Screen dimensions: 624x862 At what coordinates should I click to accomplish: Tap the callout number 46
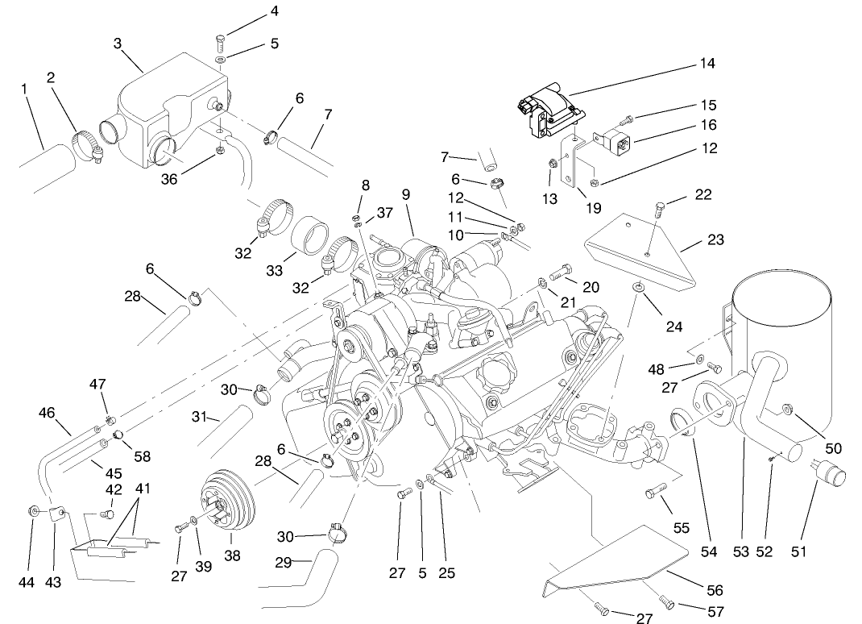(x=47, y=413)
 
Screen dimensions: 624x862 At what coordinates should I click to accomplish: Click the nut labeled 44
(x=34, y=510)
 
